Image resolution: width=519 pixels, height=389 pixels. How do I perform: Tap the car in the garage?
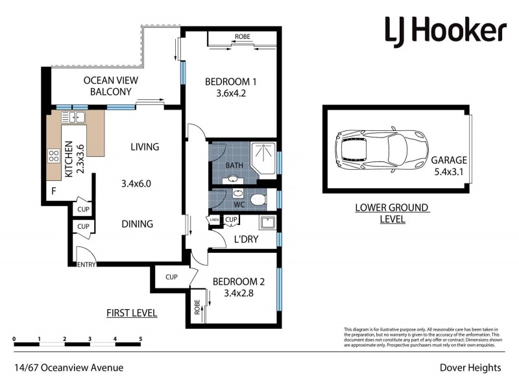click(x=381, y=148)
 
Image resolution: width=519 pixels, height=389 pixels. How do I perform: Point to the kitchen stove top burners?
click(x=53, y=156)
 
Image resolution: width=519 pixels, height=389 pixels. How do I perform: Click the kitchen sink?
click(x=76, y=117)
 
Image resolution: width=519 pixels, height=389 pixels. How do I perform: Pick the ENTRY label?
click(x=86, y=265)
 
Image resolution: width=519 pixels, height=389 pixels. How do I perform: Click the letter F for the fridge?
click(x=54, y=192)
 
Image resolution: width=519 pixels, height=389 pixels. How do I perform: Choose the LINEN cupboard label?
click(x=214, y=221)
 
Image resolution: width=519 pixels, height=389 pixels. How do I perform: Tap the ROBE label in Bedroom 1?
click(x=243, y=37)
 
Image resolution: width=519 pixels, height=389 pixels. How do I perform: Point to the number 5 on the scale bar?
click(x=141, y=339)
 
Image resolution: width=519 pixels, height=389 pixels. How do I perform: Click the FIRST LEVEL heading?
click(x=132, y=313)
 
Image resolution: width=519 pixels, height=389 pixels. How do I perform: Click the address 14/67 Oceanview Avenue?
click(x=69, y=368)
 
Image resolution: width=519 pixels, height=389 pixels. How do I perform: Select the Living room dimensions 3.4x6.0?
click(x=136, y=183)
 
